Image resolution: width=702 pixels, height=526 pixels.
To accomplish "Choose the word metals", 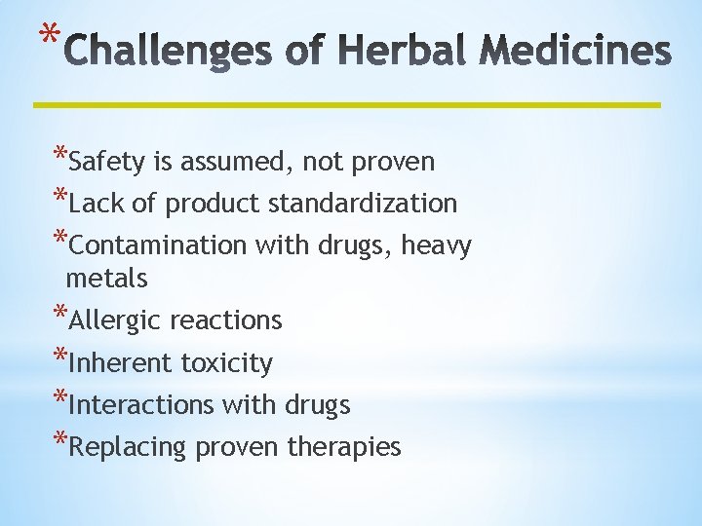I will pos(106,279).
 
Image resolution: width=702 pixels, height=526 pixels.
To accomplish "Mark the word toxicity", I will pos(227,362).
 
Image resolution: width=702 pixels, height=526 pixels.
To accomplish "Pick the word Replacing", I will pos(130,447).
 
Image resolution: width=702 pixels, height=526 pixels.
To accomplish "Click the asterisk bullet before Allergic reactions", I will pos(59,314).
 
